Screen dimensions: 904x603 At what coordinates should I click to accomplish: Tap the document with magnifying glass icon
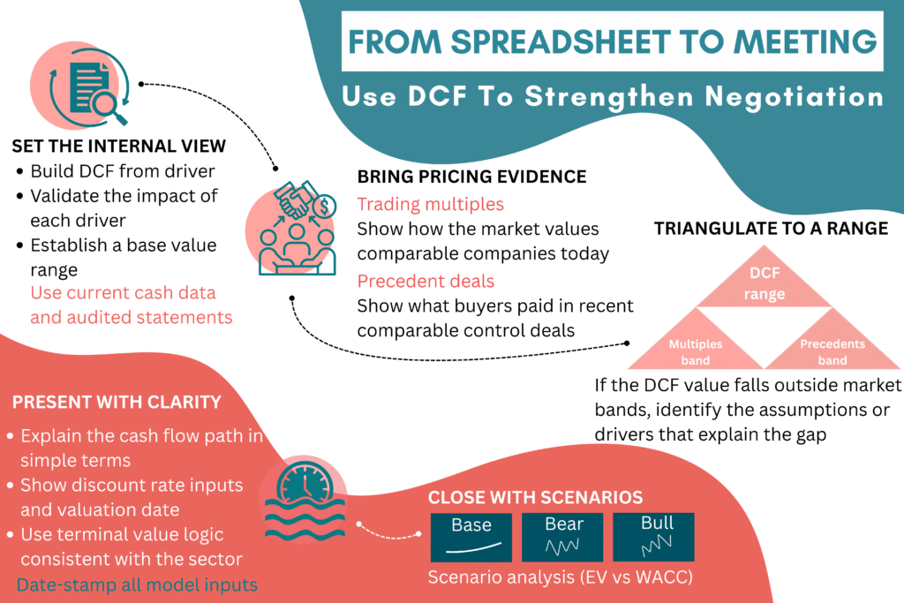point(84,86)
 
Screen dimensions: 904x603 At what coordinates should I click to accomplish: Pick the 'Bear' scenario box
point(562,537)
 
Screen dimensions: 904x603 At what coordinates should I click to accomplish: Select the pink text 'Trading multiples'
point(430,204)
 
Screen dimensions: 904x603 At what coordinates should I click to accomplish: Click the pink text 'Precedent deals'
point(426,282)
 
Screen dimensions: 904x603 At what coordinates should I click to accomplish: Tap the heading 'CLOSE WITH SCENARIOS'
point(535,496)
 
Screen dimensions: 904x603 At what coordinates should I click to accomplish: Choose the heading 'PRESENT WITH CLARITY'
point(116,403)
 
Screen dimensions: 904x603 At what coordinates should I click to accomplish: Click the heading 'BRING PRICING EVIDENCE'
point(471,177)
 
